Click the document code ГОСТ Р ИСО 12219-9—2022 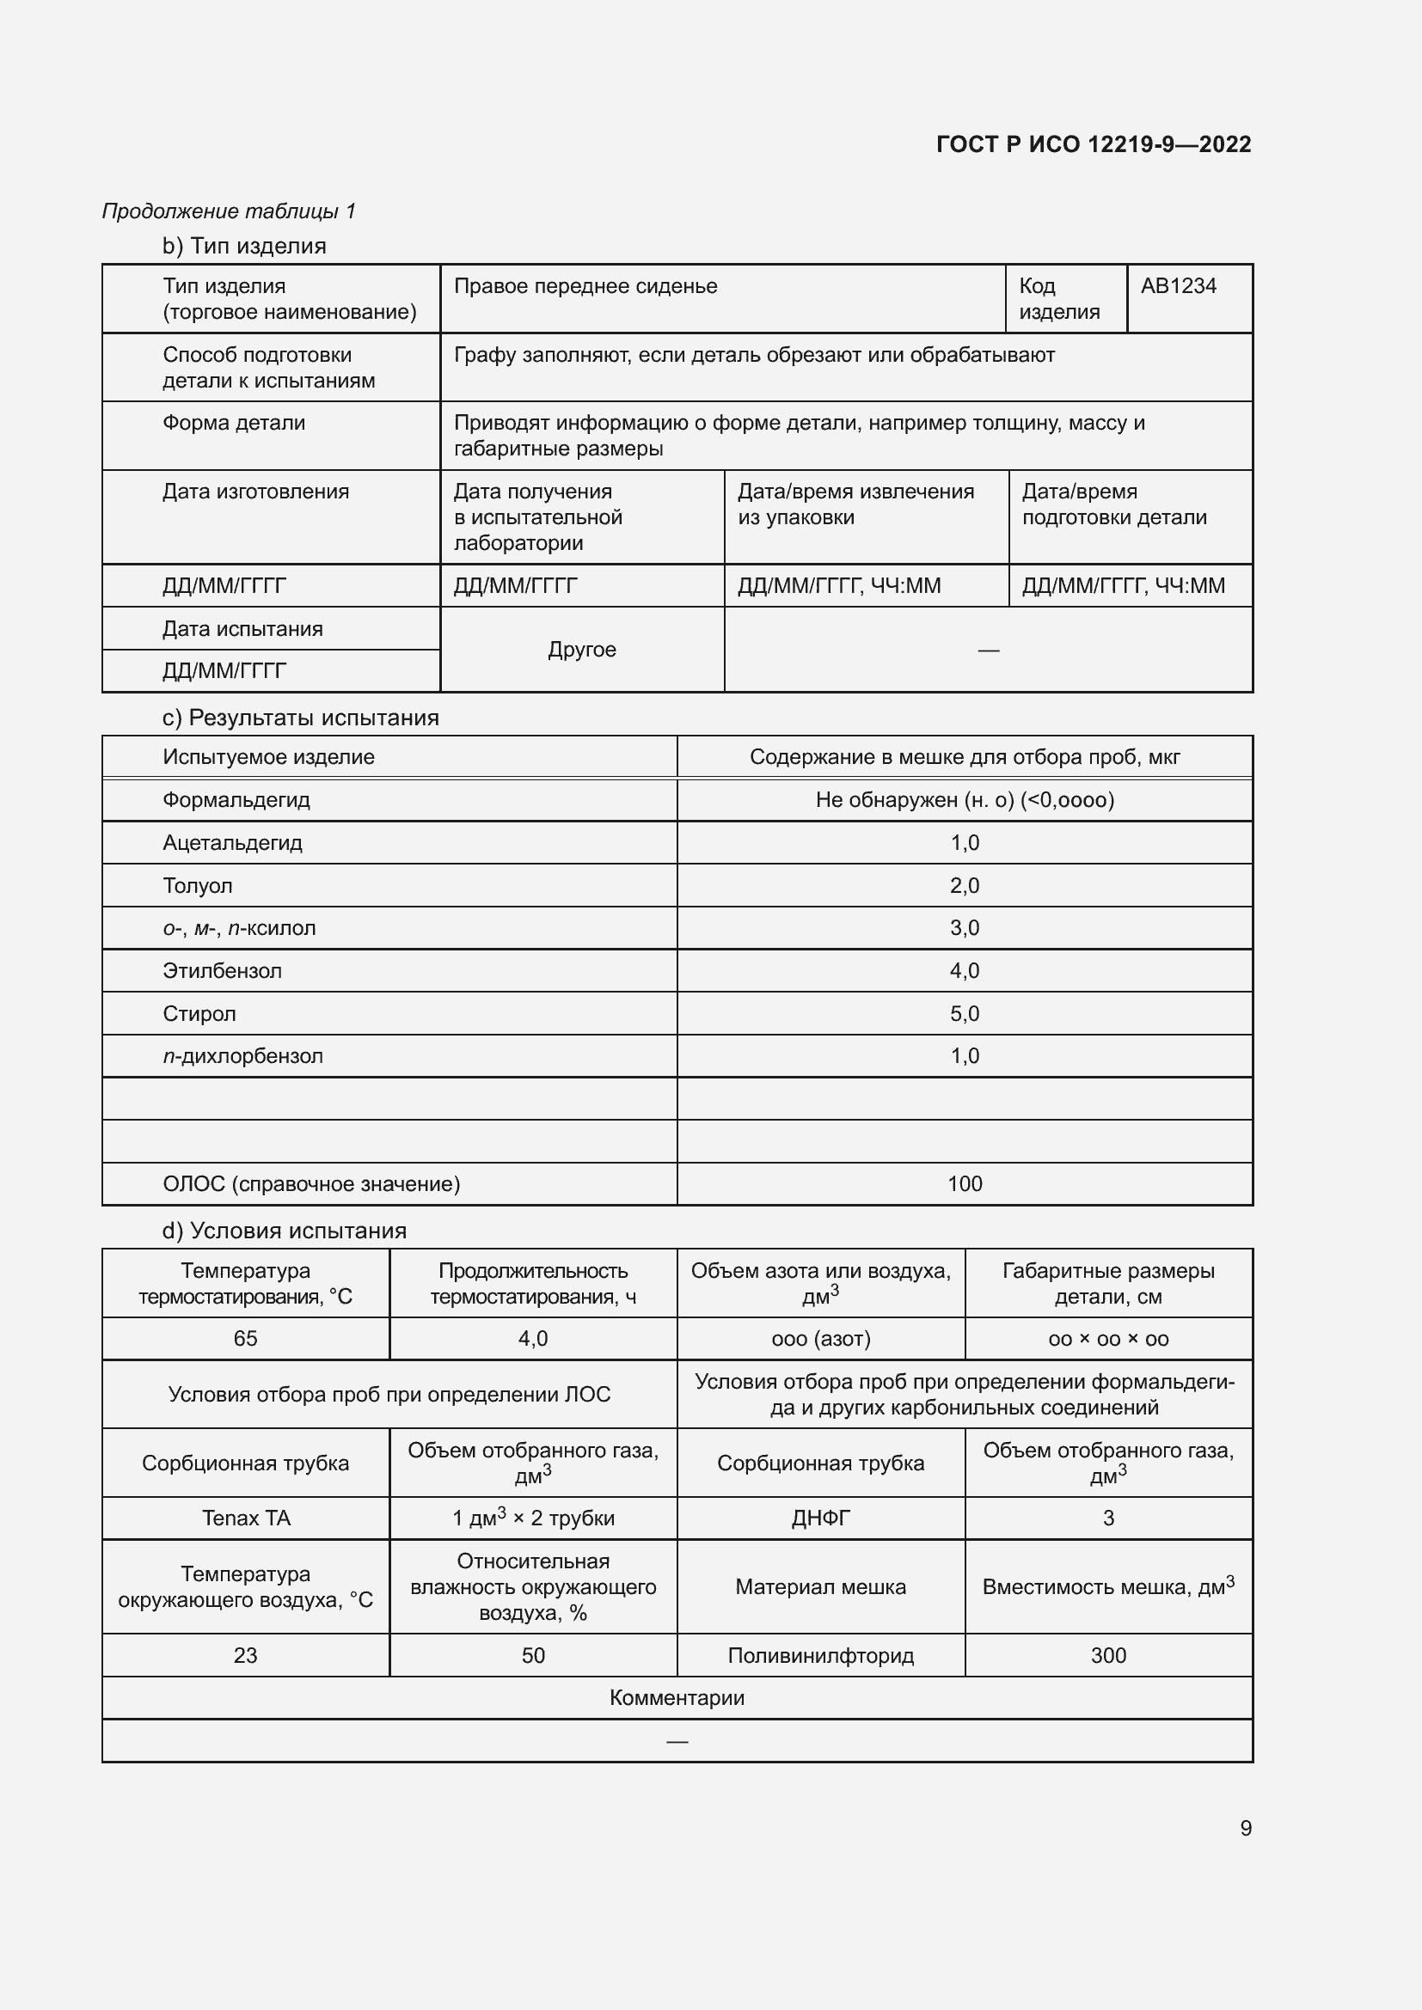point(1093,144)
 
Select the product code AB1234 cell point(1178,286)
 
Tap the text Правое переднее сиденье point(585,286)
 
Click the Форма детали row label point(234,423)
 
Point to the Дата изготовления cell point(255,492)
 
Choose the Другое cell point(581,650)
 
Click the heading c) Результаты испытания point(300,718)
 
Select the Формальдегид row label point(236,800)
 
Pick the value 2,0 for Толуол point(964,886)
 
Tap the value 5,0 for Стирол point(964,1014)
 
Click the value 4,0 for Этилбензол point(964,971)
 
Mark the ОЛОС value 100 point(964,1184)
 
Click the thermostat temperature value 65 point(245,1339)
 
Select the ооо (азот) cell point(820,1339)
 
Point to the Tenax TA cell point(245,1518)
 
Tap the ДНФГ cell point(820,1518)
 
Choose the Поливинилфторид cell point(820,1655)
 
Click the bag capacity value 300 point(1107,1655)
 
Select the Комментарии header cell point(677,1698)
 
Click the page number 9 point(1245,1829)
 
